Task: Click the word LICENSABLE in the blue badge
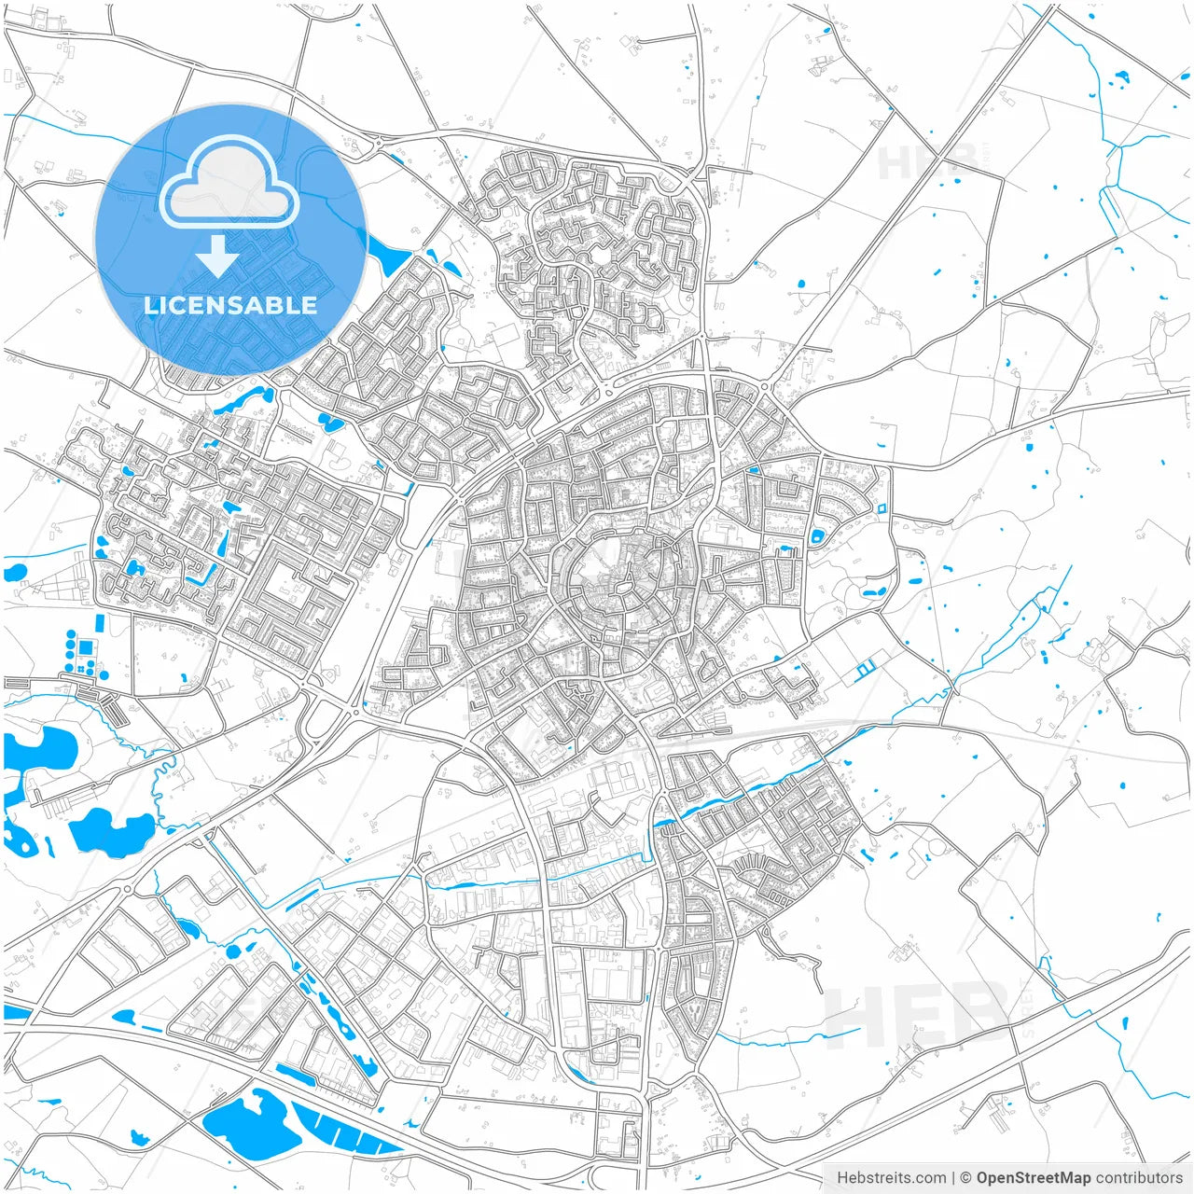pyautogui.click(x=230, y=305)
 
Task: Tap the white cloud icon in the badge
pyautogui.click(x=229, y=182)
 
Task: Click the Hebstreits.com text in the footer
pyautogui.click(x=891, y=1178)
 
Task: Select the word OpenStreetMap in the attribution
pyautogui.click(x=1033, y=1178)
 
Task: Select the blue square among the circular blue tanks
pyautogui.click(x=87, y=646)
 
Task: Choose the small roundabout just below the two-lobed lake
pyautogui.click(x=127, y=889)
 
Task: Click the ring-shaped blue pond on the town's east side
pyautogui.click(x=818, y=536)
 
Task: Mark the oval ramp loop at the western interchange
pyautogui.click(x=319, y=720)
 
